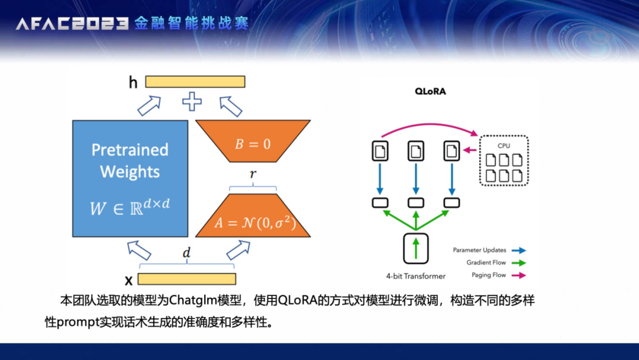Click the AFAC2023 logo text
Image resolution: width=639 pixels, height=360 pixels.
click(72, 24)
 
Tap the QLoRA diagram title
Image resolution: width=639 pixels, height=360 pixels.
click(430, 91)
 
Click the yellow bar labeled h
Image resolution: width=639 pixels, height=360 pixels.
click(195, 82)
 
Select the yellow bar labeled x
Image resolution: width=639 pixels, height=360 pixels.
click(187, 279)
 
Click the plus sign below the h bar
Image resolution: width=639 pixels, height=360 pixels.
click(192, 101)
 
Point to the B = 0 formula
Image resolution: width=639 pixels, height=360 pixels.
click(253, 144)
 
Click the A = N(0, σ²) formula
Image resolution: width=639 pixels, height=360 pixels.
click(255, 223)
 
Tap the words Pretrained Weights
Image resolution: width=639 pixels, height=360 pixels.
click(130, 160)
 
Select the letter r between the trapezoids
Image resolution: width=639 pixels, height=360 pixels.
click(253, 174)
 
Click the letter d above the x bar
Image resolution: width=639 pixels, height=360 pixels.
click(186, 253)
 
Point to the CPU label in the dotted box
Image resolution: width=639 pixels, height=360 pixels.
click(504, 146)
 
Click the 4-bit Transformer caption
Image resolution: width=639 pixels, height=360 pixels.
click(416, 277)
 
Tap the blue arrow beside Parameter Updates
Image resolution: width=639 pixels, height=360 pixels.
click(519, 250)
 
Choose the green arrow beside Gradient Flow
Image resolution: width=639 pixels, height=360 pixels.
click(519, 263)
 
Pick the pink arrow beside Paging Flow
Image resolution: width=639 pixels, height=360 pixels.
click(519, 275)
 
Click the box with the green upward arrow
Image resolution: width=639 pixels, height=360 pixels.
click(416, 248)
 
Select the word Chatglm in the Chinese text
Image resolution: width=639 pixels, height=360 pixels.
click(193, 300)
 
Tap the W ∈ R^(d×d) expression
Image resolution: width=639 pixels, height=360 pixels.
click(130, 207)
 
